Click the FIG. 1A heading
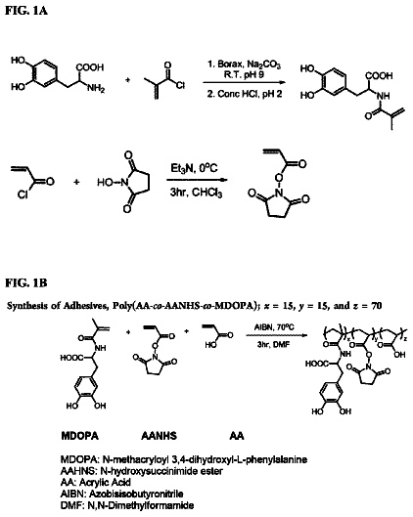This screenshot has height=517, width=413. coord(26,10)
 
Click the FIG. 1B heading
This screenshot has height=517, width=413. coord(26,283)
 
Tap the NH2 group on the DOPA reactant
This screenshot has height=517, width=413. coord(96,88)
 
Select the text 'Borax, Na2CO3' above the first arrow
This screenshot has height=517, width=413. coord(249,65)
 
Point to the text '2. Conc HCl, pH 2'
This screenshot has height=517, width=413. coord(245,94)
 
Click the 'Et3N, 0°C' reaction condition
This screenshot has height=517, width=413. coord(194,168)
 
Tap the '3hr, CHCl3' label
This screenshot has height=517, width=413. coord(196,193)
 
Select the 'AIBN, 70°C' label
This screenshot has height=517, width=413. coord(274,327)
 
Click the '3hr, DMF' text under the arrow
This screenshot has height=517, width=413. coord(273,344)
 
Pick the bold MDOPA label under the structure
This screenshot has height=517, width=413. coord(80,436)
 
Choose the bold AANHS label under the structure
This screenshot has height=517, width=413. coord(160,436)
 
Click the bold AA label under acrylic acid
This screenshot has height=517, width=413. coord(237,436)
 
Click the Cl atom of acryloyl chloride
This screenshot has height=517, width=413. coord(23,195)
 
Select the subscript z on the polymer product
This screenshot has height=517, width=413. coord(406,338)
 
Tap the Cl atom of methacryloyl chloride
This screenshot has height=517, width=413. coord(180,85)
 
